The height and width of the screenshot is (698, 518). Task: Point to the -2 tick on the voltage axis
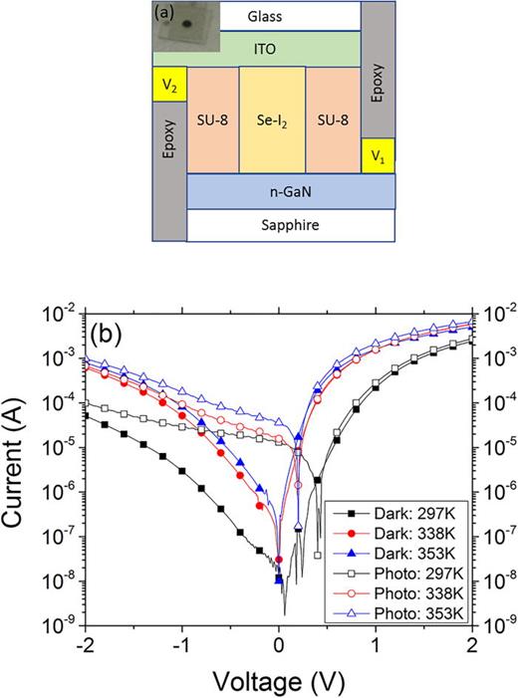coord(83,643)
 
